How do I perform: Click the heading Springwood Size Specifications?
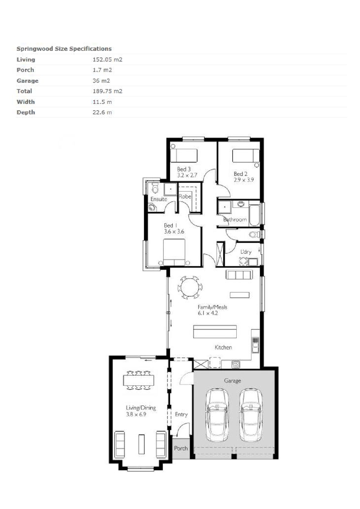64,49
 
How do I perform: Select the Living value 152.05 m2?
108,59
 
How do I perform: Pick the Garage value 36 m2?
101,81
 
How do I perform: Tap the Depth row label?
26,113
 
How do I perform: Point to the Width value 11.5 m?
102,102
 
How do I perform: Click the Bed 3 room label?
184,169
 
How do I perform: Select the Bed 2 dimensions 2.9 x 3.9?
243,180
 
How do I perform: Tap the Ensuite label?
159,199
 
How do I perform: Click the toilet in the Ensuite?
155,188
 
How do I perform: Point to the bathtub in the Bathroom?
254,215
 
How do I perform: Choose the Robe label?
184,196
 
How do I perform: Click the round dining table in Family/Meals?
190,287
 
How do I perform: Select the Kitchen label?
223,347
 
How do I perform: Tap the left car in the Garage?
217,415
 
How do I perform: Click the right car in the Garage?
251,415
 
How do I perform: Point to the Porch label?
181,448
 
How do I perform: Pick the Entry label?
181,414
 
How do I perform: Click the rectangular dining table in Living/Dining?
139,380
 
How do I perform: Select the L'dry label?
246,252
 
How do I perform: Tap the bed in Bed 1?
174,252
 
